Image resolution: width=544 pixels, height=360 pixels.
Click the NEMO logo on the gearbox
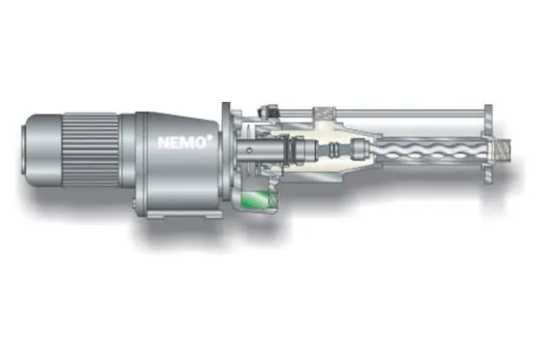point(183,142)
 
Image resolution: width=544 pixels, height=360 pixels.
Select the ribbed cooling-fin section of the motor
point(91,149)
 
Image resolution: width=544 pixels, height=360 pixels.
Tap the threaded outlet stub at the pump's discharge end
point(502,150)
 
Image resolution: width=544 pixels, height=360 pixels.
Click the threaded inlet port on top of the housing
point(324,114)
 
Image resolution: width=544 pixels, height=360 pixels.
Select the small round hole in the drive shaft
point(249,150)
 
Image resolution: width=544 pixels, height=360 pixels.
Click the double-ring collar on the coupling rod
point(335,150)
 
